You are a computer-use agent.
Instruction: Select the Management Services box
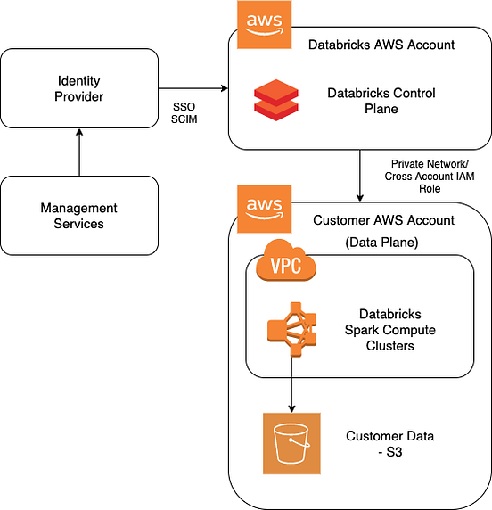coord(79,216)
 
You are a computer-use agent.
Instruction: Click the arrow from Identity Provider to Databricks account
coord(193,87)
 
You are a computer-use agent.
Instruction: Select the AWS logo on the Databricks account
coord(265,25)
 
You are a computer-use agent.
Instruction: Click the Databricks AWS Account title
coord(381,45)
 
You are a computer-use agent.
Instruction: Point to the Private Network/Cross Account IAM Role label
coord(430,177)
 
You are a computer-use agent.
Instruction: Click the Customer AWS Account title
coord(384,220)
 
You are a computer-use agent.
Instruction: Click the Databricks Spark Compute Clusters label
coord(389,330)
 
